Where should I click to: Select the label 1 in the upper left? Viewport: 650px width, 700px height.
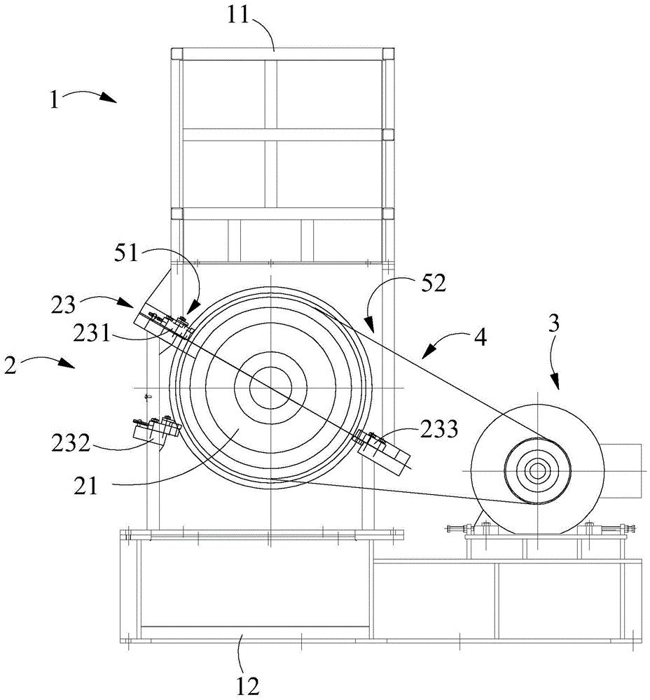(x=55, y=100)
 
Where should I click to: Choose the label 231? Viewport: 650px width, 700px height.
(x=92, y=332)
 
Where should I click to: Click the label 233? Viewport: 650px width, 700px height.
(x=439, y=429)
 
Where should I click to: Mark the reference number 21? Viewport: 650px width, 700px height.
(x=85, y=486)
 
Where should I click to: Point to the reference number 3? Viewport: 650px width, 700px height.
(x=553, y=323)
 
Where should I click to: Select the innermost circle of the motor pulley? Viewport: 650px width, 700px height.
(x=537, y=470)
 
